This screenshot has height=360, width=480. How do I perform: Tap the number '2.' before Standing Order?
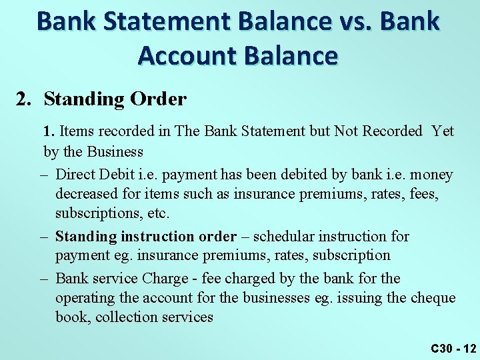24,99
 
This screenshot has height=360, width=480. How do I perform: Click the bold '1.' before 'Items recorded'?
49,131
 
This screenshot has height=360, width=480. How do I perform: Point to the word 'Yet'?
443,131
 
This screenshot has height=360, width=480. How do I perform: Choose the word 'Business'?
113,152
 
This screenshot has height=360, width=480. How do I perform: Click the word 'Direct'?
76,175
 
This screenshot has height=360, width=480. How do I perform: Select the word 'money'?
431,175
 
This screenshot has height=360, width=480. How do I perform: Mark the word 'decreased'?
87,194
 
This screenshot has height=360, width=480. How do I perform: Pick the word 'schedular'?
285,237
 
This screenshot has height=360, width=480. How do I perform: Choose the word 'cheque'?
433,298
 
